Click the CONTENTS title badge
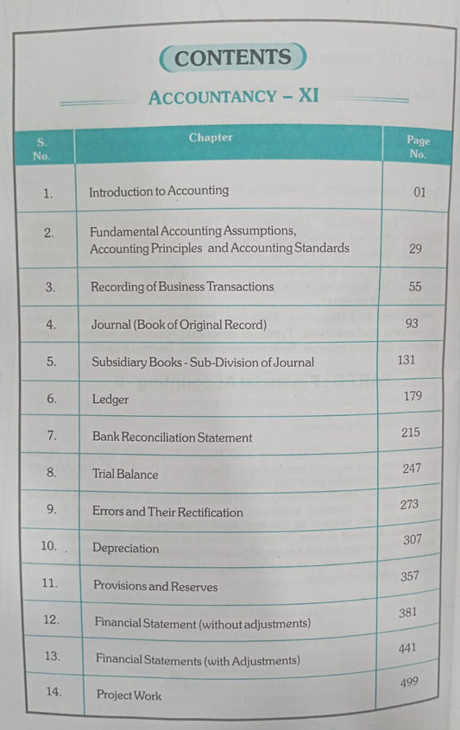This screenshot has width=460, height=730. pyautogui.click(x=232, y=58)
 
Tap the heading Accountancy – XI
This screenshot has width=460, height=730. pyautogui.click(x=233, y=96)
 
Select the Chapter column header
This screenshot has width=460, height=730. pyautogui.click(x=211, y=137)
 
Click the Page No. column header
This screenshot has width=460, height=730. pyautogui.click(x=418, y=148)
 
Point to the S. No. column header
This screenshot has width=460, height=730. pyautogui.click(x=41, y=148)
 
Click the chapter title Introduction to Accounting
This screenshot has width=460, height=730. pyautogui.click(x=159, y=191)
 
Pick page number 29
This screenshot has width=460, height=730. pyautogui.click(x=415, y=248)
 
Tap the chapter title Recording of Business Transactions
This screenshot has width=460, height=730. pyautogui.click(x=182, y=286)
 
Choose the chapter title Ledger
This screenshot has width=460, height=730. pyautogui.click(x=110, y=400)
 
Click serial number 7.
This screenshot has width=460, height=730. pyautogui.click(x=52, y=435)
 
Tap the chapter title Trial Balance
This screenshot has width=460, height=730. pyautogui.click(x=125, y=474)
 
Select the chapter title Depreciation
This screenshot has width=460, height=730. pyautogui.click(x=126, y=548)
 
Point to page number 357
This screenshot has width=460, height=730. pyautogui.click(x=409, y=576)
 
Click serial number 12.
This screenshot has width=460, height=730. pyautogui.click(x=52, y=620)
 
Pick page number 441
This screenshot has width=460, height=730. pyautogui.click(x=407, y=646)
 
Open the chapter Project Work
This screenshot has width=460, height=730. pyautogui.click(x=129, y=695)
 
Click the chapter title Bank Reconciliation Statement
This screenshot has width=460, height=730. pyautogui.click(x=172, y=437)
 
